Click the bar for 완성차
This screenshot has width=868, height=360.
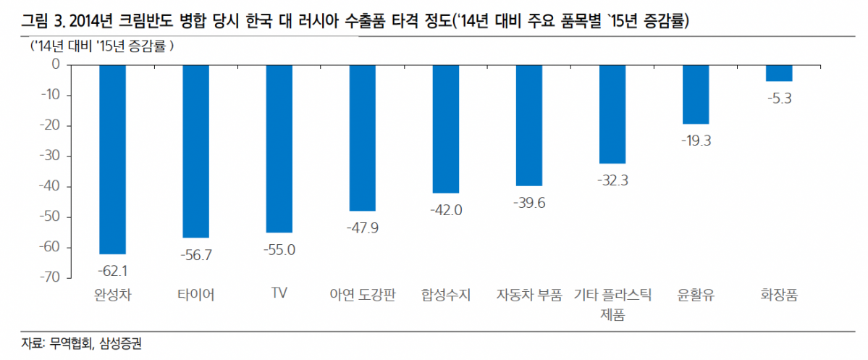tap(112, 159)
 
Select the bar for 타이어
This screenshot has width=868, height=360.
tap(195, 151)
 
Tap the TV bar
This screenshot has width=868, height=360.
tap(279, 148)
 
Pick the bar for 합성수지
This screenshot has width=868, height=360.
tap(445, 128)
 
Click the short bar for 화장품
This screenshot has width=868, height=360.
tap(779, 72)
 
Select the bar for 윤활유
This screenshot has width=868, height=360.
tap(696, 94)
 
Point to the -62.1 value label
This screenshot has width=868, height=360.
tap(112, 270)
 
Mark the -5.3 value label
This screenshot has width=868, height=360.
tap(779, 98)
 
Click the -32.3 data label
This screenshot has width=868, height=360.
tap(612, 180)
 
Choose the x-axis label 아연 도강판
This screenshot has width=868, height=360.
tap(362, 295)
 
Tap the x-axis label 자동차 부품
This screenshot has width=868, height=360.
tap(529, 295)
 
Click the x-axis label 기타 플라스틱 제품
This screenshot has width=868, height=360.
tap(612, 304)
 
